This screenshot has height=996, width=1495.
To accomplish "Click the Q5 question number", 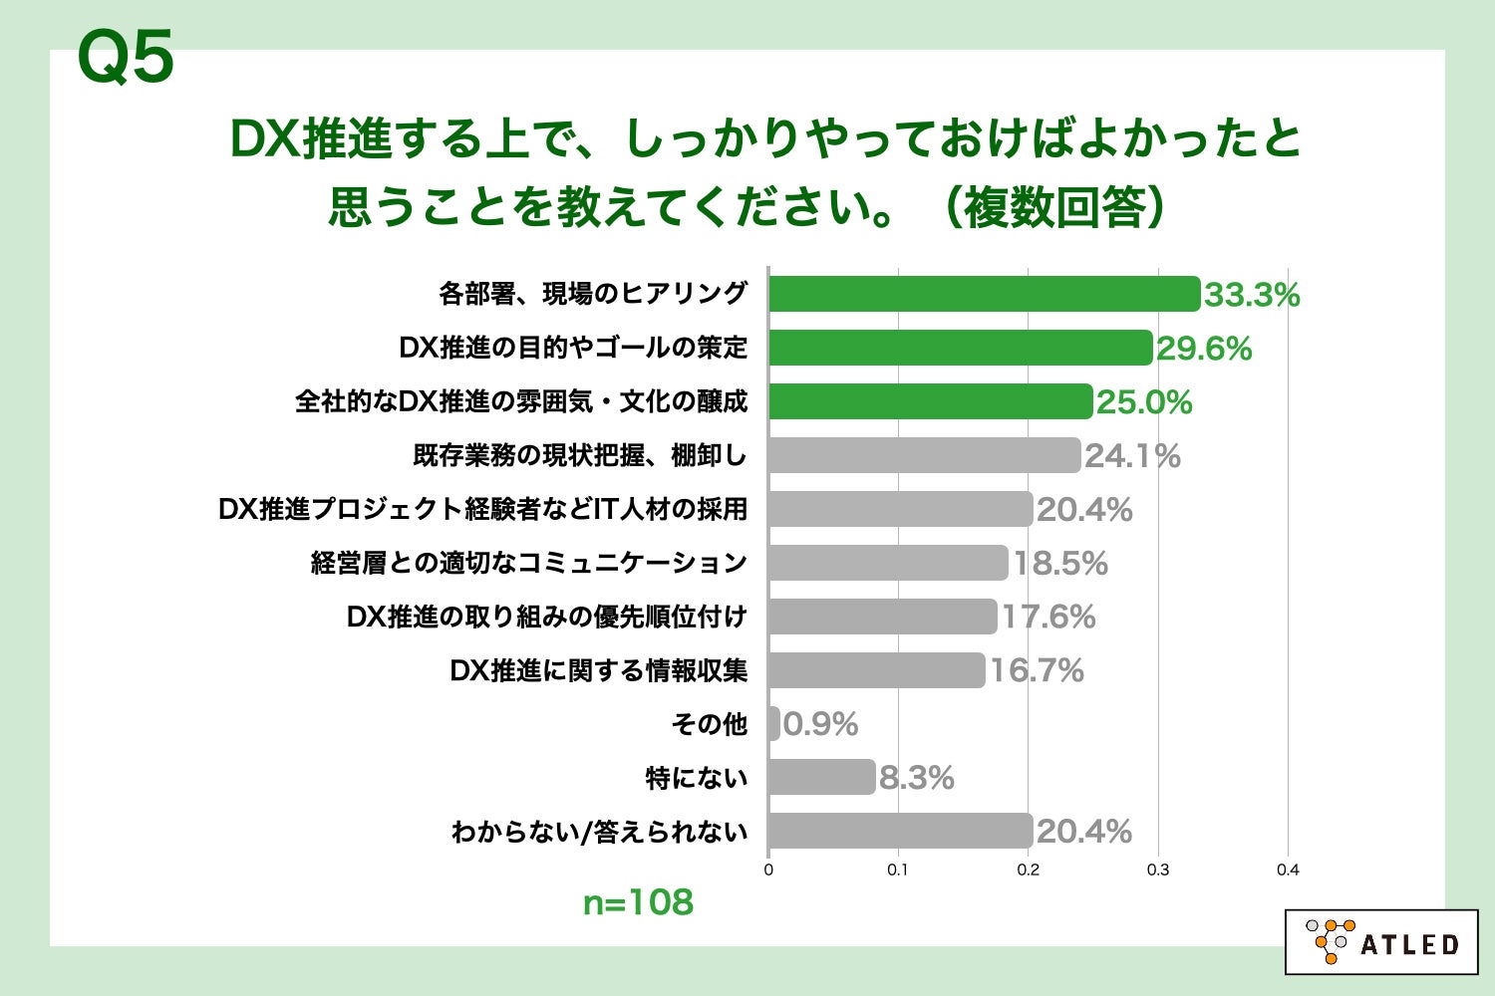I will [126, 58].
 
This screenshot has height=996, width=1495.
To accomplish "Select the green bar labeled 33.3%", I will [984, 294].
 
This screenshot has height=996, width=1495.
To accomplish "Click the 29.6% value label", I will [1204, 349].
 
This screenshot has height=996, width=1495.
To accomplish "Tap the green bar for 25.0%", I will [930, 401].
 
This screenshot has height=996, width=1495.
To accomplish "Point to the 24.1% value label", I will [1132, 456].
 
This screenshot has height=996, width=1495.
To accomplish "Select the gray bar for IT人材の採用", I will [900, 509].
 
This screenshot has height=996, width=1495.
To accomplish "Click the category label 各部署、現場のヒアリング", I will [593, 294].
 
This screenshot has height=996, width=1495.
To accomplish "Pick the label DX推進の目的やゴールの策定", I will [573, 348].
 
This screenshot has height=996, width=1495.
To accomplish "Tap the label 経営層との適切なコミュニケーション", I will [529, 563].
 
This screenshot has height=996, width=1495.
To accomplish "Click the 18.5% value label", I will [1060, 564].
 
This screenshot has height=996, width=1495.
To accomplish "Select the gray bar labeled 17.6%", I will [882, 617].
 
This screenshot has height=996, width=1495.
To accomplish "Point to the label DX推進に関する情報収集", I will [599, 670].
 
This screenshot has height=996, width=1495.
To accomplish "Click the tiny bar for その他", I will [774, 724].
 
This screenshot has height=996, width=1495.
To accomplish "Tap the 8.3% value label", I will [916, 778].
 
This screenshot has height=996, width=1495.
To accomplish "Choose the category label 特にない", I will [696, 778].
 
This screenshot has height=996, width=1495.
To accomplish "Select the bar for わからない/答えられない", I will [900, 831].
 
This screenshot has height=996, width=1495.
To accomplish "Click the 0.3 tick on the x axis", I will [1158, 870].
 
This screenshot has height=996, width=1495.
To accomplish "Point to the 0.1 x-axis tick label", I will [898, 870].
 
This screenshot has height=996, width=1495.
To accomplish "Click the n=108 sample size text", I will [638, 902].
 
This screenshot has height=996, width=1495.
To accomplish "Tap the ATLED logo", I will [1381, 942].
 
